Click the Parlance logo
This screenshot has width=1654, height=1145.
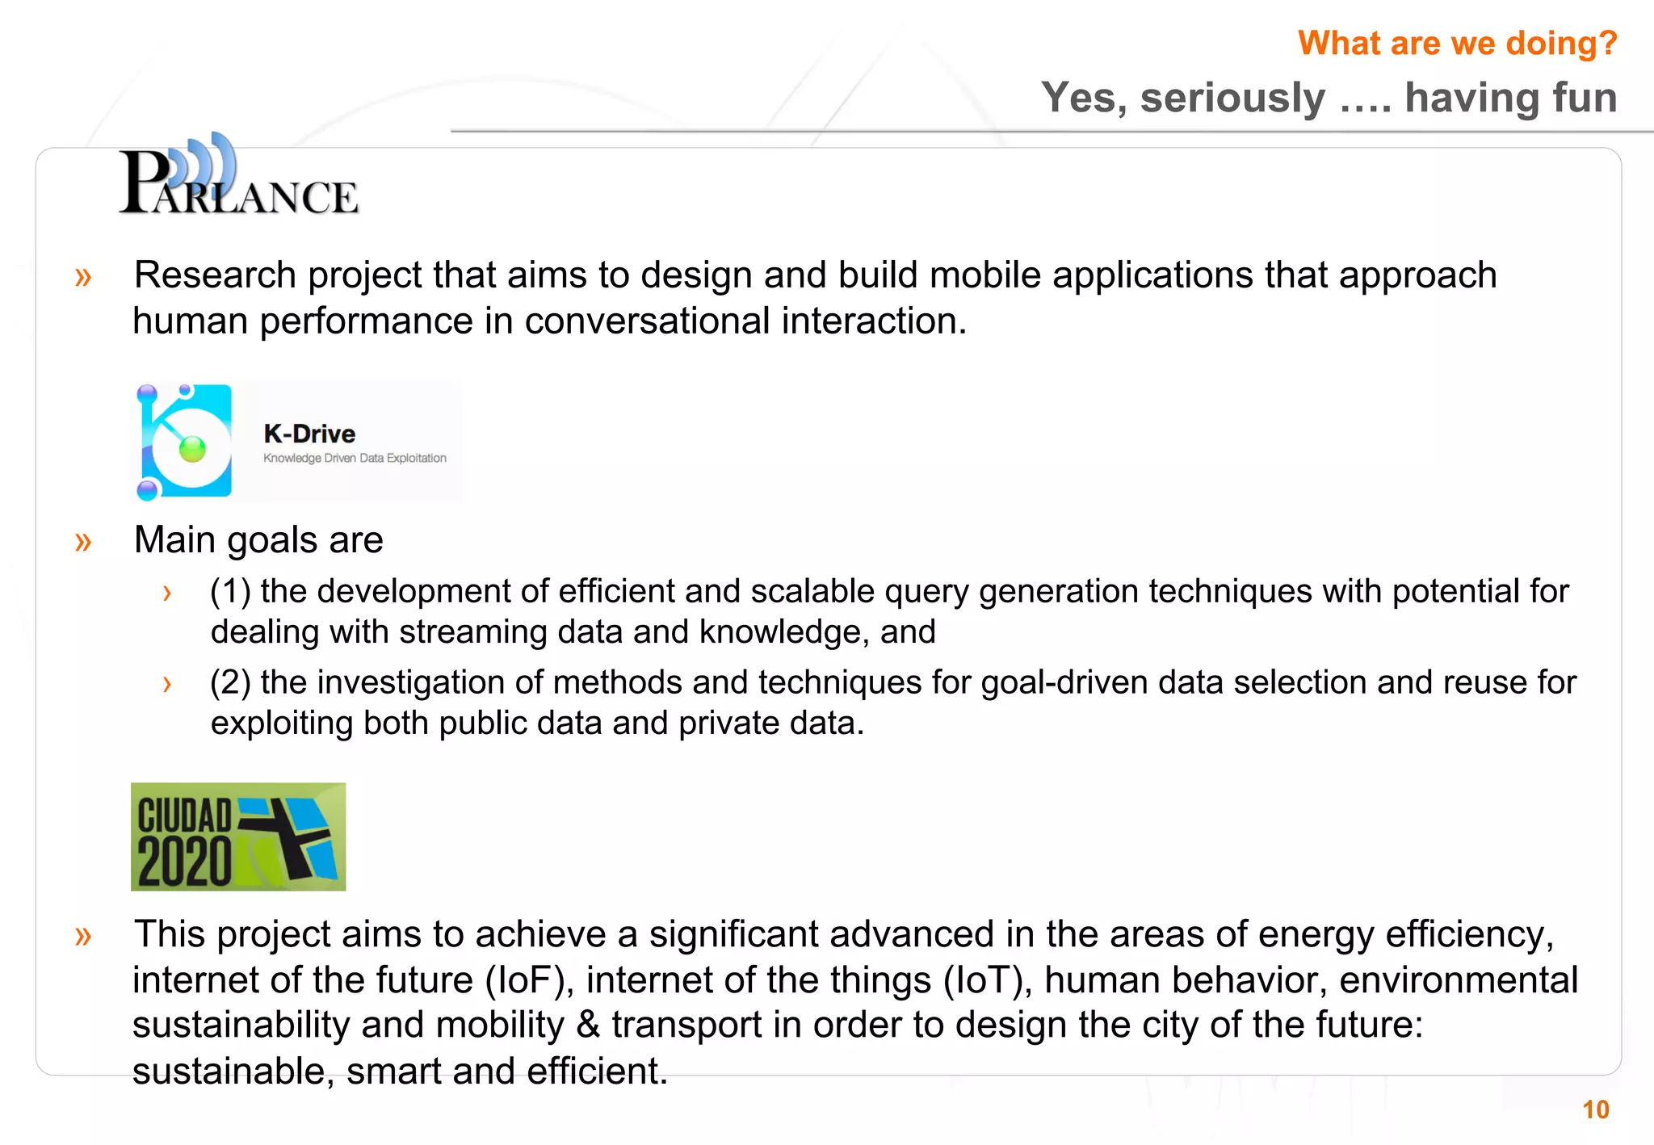(238, 177)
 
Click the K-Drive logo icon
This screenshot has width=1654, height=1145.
(185, 442)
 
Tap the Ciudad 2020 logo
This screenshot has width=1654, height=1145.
(238, 837)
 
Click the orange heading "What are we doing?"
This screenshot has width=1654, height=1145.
(1457, 43)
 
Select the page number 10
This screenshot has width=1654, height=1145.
(1596, 1109)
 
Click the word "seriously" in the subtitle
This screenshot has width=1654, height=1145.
(1232, 98)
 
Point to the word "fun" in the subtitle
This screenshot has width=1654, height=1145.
(1583, 98)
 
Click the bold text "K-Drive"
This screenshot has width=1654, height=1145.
(309, 434)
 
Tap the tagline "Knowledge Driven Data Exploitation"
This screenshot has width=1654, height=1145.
(355, 458)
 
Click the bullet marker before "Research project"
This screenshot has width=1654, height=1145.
(83, 277)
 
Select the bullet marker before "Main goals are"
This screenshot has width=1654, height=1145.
(83, 541)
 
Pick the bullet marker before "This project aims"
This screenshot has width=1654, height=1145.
(83, 935)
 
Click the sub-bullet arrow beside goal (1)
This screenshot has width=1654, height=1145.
(167, 593)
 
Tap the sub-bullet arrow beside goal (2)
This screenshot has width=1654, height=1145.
(167, 685)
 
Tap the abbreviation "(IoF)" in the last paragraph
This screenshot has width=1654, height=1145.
(529, 980)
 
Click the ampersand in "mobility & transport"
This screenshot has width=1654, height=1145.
(588, 1025)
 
